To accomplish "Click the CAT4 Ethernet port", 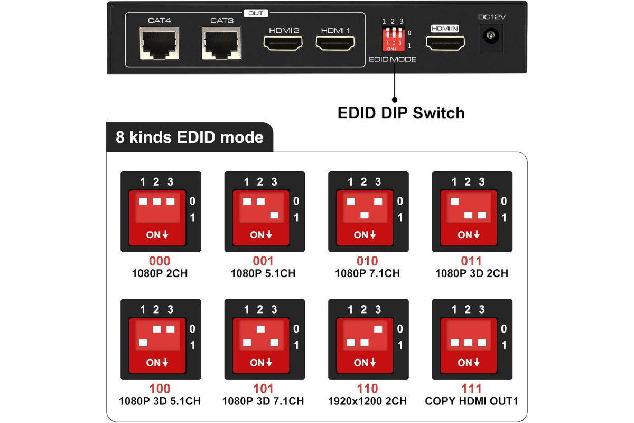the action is (x=160, y=43).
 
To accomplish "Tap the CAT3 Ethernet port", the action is (x=221, y=43).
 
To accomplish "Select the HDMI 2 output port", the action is (x=283, y=43).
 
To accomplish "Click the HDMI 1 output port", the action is (x=335, y=43).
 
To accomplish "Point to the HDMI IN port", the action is (x=445, y=43).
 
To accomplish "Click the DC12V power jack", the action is (x=491, y=36).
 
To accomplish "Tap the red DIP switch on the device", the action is (x=394, y=39).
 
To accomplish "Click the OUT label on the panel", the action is (x=256, y=13).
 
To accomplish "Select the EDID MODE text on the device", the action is (x=393, y=59).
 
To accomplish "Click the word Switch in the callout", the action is (x=439, y=113).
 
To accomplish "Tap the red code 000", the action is (x=160, y=261).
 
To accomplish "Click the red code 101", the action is (x=263, y=389).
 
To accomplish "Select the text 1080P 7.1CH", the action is (x=367, y=273).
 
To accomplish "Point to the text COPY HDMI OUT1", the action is (x=471, y=401).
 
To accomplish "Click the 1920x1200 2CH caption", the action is (x=367, y=401).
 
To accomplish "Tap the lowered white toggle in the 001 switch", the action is (x=274, y=215).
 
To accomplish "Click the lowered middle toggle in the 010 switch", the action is (x=365, y=215).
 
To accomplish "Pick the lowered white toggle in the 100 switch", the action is (x=143, y=343).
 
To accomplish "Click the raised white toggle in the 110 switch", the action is (x=378, y=329).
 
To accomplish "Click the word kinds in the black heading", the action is (x=151, y=137).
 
